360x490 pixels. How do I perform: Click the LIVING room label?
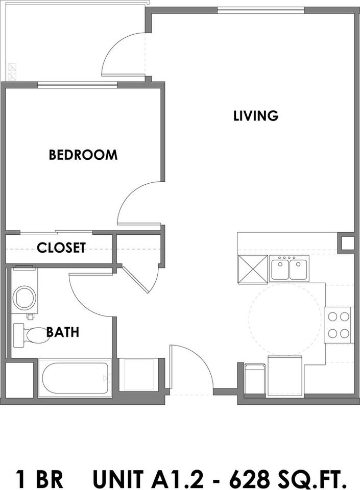pos(256,116)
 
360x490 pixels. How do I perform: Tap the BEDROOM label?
pos(83,155)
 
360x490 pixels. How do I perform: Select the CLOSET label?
pos(61,248)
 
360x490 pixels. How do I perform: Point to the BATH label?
pos(63,332)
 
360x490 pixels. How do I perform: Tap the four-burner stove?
pos(339,325)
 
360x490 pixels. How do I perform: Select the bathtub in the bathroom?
pos(75,378)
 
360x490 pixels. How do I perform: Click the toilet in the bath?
pos(32,335)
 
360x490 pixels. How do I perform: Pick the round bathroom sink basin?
pos(24,298)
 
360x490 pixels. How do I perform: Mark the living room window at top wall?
pos(260,10)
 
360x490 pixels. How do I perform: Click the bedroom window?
pos(78,85)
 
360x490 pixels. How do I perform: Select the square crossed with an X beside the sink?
pos(253,269)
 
